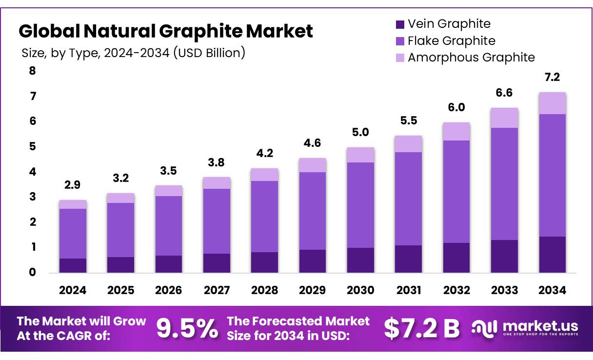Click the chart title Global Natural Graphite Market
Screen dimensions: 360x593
click(x=165, y=31)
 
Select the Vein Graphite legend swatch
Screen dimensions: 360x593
click(x=400, y=24)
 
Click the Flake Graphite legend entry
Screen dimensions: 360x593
click(x=451, y=41)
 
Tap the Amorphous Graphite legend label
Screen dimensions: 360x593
click(x=471, y=58)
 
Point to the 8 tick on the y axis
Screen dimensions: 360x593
click(x=33, y=71)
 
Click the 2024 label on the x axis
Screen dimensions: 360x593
click(x=73, y=290)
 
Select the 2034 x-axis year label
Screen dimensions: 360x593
click(x=553, y=290)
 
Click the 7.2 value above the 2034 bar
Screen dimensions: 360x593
click(x=553, y=78)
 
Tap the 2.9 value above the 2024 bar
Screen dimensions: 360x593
click(x=73, y=185)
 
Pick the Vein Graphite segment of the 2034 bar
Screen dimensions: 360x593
click(x=553, y=254)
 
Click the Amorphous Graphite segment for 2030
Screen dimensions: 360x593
click(x=360, y=155)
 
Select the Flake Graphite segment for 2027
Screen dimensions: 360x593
click(x=217, y=221)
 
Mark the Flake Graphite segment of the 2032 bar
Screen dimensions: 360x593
click(x=456, y=191)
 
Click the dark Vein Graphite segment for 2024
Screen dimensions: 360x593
click(x=73, y=265)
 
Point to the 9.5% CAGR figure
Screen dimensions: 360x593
click(x=187, y=329)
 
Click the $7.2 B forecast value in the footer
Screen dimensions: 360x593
click(x=421, y=329)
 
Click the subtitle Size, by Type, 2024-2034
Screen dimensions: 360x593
click(x=133, y=53)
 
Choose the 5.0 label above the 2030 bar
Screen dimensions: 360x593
click(x=360, y=132)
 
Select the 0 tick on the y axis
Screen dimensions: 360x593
click(x=33, y=273)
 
